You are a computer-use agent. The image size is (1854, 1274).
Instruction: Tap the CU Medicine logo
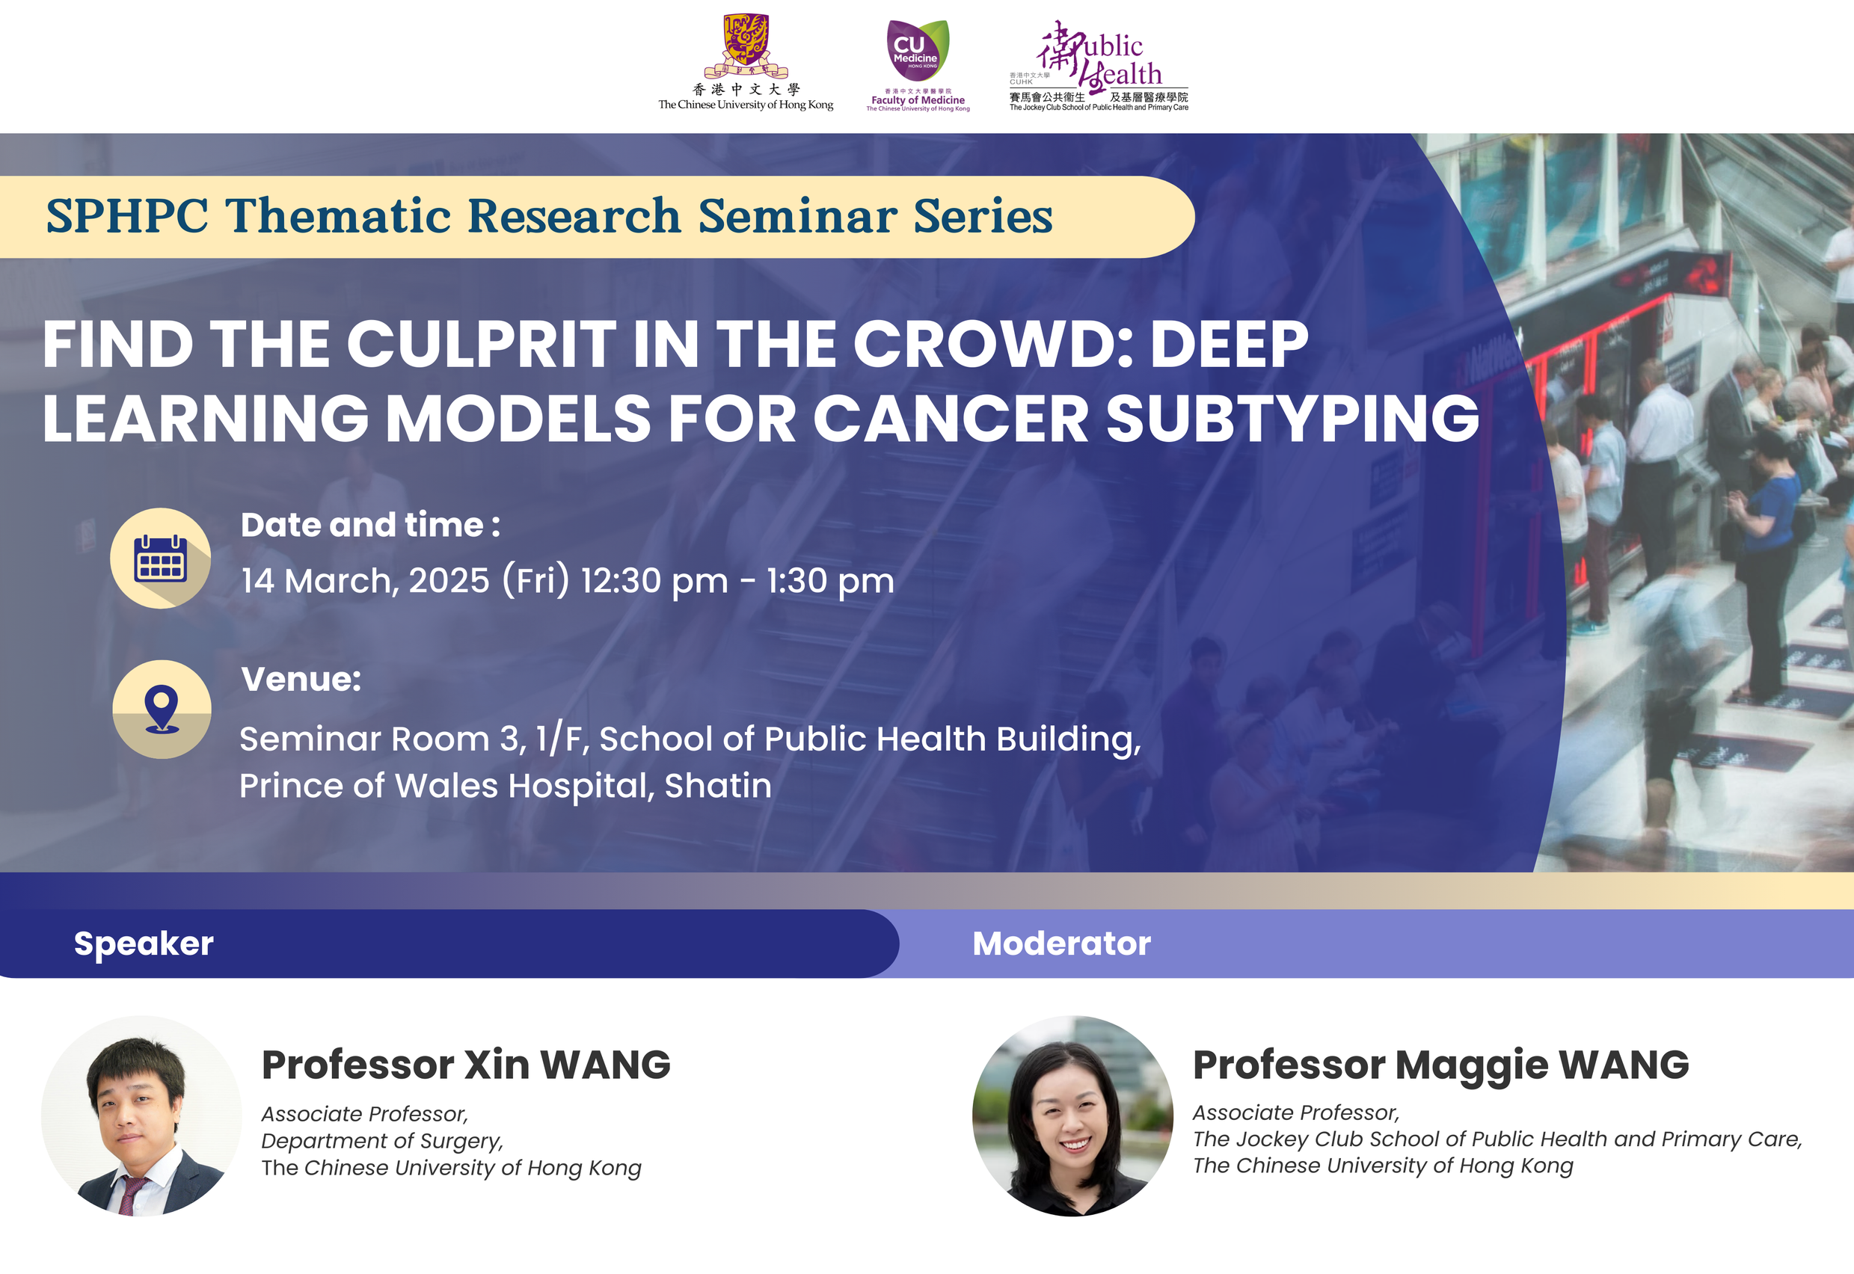(x=918, y=51)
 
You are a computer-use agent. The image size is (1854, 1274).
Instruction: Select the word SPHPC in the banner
(x=128, y=216)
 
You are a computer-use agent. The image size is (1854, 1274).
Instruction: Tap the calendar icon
(x=161, y=558)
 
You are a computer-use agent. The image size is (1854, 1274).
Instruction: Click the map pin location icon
(x=162, y=709)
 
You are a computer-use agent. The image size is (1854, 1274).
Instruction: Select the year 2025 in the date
(x=449, y=580)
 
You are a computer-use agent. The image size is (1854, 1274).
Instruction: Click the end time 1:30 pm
(x=830, y=581)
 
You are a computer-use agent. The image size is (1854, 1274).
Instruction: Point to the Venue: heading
(x=301, y=680)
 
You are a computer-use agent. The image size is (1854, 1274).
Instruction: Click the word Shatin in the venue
(x=718, y=786)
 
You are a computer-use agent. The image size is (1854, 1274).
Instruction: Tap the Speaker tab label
(x=144, y=944)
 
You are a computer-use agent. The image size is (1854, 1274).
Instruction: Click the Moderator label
(x=1061, y=944)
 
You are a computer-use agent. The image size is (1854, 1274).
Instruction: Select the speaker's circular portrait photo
(x=141, y=1116)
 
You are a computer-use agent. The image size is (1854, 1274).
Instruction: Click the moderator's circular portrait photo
(x=1072, y=1116)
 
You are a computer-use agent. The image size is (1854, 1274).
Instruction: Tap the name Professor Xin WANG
(x=466, y=1065)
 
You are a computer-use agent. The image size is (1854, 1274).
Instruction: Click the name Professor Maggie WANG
(x=1440, y=1065)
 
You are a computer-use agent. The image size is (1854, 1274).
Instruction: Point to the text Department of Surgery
(x=381, y=1142)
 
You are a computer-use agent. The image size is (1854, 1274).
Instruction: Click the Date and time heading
(x=370, y=526)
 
